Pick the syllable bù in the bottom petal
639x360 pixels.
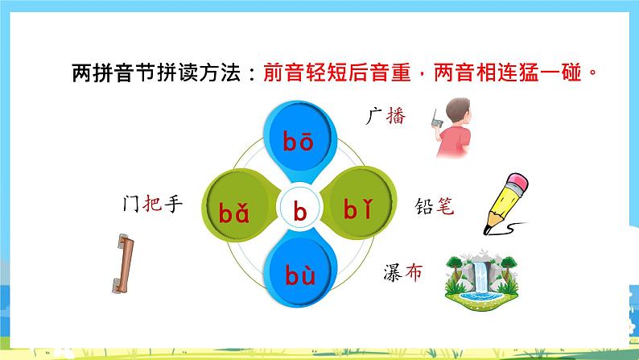(x=300, y=277)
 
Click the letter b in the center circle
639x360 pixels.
(x=300, y=212)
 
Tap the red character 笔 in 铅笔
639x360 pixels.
(x=443, y=206)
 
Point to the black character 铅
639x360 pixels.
(x=423, y=206)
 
